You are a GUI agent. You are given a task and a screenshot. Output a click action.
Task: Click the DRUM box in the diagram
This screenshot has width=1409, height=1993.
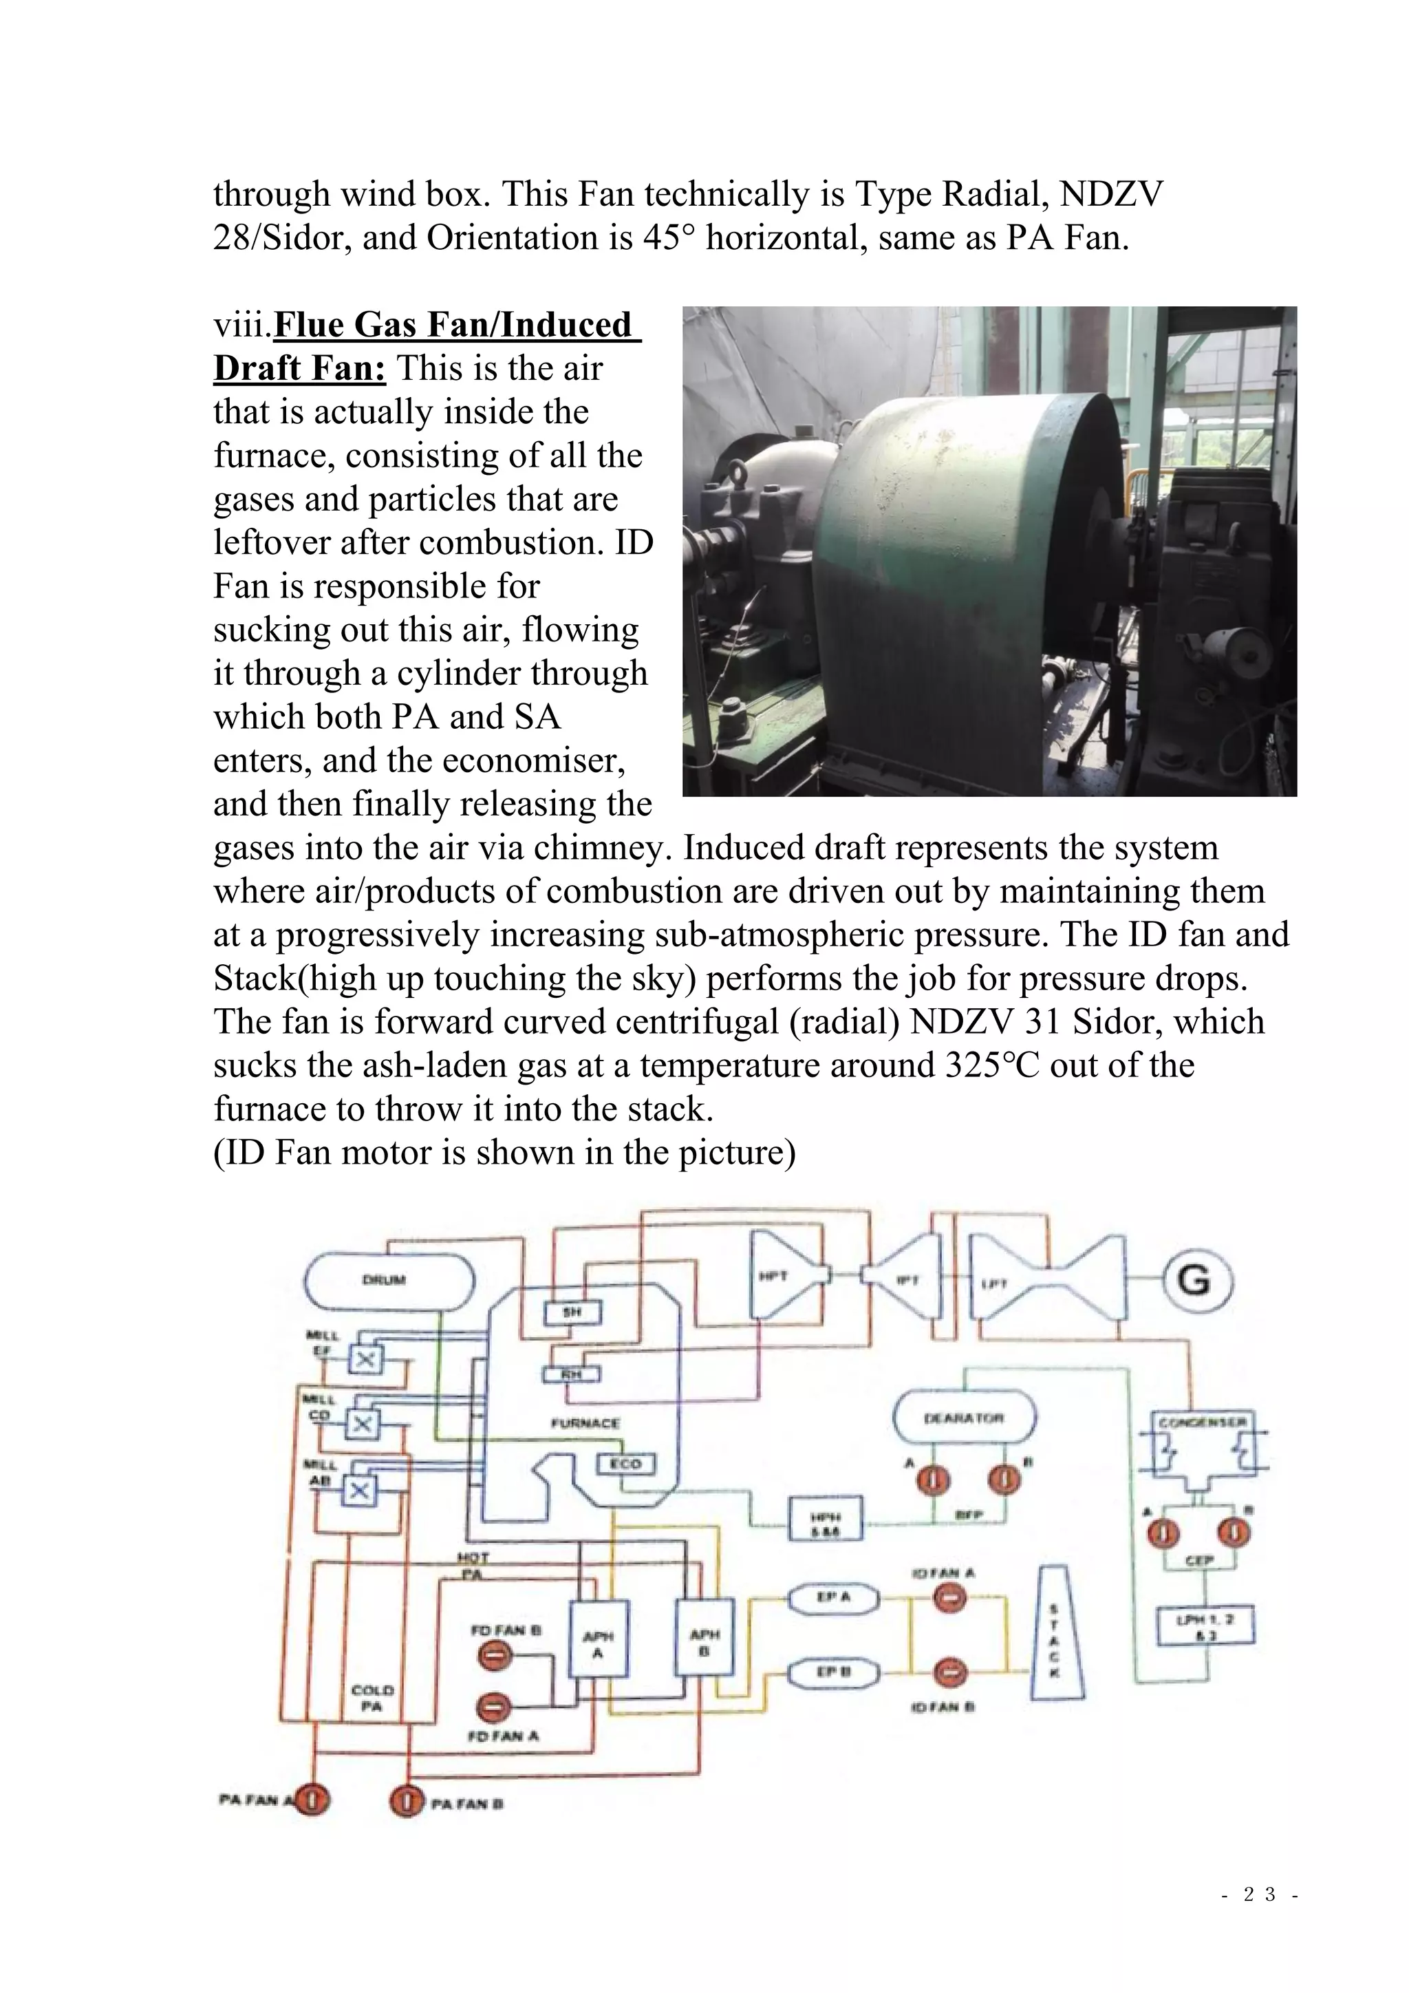(x=389, y=1280)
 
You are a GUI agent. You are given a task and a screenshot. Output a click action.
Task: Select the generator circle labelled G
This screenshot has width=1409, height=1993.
(x=1198, y=1280)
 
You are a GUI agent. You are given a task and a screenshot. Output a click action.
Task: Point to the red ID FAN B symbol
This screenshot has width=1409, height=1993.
(x=951, y=1671)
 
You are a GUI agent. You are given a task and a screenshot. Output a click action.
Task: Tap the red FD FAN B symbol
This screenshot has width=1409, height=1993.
(x=493, y=1656)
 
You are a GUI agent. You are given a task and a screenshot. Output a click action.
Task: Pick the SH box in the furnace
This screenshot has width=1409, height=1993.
(x=572, y=1312)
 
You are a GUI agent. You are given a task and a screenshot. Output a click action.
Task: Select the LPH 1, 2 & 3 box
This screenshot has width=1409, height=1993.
(x=1206, y=1625)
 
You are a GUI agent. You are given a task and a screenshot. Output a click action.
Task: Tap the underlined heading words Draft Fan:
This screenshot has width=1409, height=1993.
(x=299, y=368)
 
